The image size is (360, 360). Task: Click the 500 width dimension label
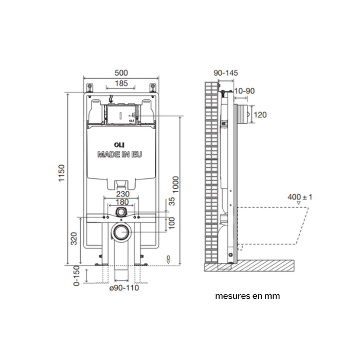tap(121, 73)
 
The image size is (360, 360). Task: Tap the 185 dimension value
tap(121, 83)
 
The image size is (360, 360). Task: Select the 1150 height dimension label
tap(62, 173)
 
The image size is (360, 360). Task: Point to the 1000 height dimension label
tap(175, 185)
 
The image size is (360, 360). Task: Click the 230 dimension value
tap(123, 194)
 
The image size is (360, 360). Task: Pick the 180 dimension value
tap(122, 202)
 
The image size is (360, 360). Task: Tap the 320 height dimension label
tap(74, 239)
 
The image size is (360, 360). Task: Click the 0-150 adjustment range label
tap(77, 276)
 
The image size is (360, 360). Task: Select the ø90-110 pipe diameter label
tap(124, 287)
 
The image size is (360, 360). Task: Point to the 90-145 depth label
tap(226, 73)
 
